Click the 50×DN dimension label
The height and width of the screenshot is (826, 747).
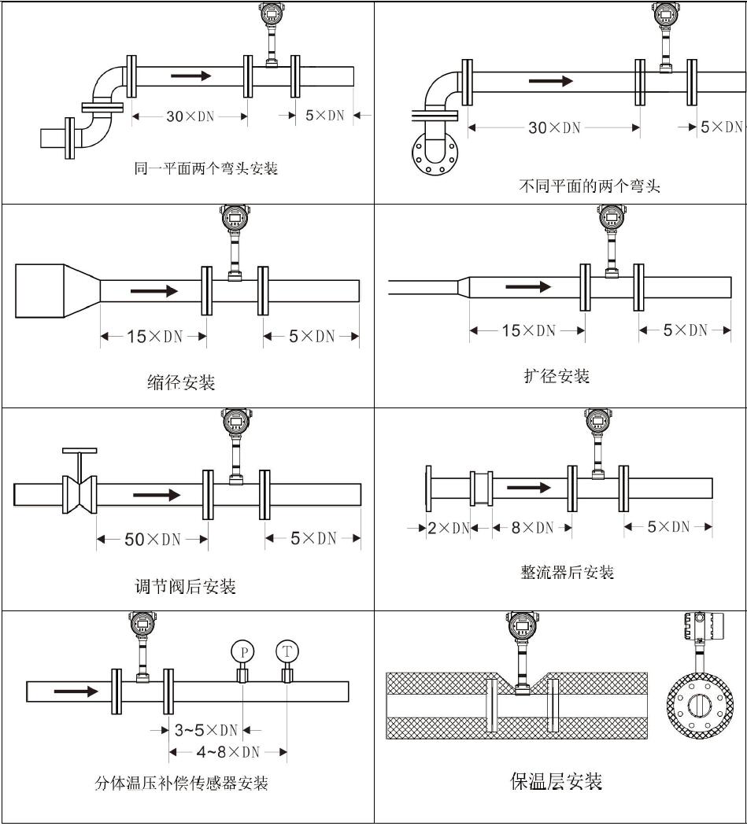click(153, 540)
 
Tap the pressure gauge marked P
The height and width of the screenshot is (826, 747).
click(243, 651)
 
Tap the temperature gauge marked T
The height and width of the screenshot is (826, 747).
click(287, 651)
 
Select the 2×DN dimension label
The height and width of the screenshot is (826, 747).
click(448, 528)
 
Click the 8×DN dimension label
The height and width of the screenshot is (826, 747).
click(533, 528)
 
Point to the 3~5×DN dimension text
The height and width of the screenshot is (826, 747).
click(205, 730)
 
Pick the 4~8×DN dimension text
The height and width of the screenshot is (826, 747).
click(227, 752)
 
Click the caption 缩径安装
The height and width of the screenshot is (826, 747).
click(181, 383)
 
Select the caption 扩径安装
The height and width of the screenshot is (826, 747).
click(557, 377)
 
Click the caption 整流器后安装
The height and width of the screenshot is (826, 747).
click(567, 573)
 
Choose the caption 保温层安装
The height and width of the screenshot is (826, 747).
click(556, 781)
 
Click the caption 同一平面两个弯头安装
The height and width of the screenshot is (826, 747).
click(205, 168)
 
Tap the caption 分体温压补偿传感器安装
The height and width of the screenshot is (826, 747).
click(181, 784)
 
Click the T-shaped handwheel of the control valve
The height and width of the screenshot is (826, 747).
click(80, 452)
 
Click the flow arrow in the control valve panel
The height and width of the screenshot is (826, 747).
click(157, 495)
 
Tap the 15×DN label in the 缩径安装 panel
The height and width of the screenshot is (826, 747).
click(154, 337)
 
